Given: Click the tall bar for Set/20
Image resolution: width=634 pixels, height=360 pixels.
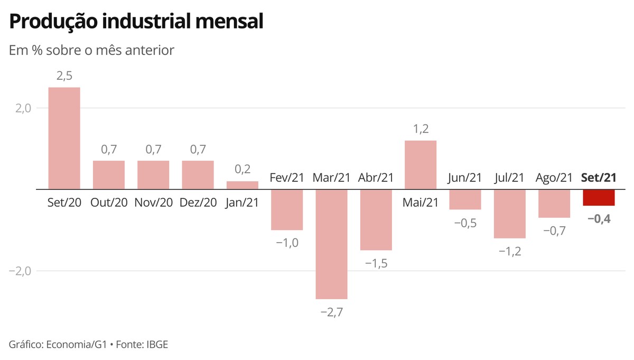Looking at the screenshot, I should point(64,138).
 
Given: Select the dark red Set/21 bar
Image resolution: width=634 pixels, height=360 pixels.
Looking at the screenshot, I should point(599,197).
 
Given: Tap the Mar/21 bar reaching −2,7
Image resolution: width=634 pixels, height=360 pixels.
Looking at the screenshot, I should point(331,244).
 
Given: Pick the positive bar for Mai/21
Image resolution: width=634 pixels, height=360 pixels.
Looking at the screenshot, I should point(421,164).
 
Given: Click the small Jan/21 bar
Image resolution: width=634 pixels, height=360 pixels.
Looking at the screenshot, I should point(243,185).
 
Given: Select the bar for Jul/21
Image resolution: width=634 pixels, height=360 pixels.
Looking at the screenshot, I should point(510,214).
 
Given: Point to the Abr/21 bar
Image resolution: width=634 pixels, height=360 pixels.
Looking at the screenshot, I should point(376,219).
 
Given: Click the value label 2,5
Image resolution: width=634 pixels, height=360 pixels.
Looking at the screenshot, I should point(64,76).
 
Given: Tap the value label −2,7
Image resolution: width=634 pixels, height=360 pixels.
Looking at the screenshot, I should point(332,312).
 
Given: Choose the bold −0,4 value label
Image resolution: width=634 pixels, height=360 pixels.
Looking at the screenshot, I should point(599,218).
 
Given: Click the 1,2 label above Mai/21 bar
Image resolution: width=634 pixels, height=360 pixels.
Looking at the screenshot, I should point(421,130).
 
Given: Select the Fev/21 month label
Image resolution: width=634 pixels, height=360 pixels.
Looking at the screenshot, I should point(287,178).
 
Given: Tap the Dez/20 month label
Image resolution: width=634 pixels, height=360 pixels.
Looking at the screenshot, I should point(198,202).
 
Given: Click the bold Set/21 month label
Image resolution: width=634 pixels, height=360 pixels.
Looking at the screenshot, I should point(599,178).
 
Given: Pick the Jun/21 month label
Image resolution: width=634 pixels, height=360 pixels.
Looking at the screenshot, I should point(465,178).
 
